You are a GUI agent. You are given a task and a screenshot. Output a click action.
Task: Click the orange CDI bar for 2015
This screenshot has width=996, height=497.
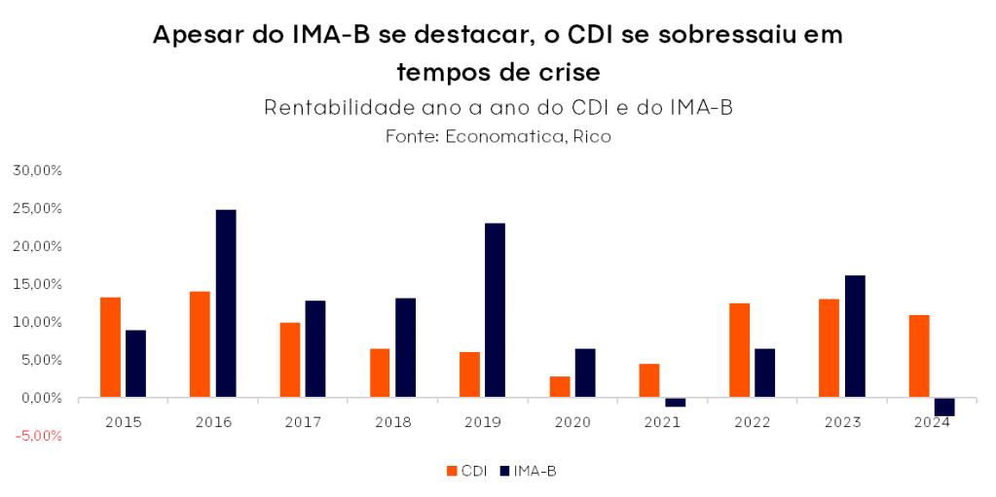point(110,347)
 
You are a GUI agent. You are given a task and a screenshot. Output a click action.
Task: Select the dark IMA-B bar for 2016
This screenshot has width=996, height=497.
point(226,303)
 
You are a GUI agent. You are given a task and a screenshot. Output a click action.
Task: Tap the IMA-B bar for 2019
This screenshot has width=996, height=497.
point(495,310)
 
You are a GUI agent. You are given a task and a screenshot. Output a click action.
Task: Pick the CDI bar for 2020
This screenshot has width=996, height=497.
point(560,387)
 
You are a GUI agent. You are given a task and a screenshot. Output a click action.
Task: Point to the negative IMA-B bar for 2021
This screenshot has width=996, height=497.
point(676,402)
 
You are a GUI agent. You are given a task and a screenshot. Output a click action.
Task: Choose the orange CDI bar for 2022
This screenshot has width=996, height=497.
point(739,350)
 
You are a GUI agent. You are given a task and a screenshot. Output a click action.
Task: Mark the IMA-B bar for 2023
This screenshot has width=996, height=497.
point(855,337)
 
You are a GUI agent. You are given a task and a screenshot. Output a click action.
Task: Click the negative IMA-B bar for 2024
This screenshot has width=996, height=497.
point(944,407)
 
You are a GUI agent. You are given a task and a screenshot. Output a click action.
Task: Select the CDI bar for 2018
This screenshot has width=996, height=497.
point(380,373)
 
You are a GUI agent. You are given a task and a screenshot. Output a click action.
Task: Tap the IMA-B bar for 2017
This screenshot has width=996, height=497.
point(315,349)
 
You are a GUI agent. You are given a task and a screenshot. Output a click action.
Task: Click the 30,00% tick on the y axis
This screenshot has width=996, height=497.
point(36,170)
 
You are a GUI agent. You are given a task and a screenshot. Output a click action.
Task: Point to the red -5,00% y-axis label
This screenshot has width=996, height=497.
point(36,436)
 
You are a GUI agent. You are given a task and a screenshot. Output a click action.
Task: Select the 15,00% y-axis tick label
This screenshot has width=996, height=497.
point(36,284)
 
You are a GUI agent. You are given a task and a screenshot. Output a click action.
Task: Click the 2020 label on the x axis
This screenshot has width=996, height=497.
point(572,422)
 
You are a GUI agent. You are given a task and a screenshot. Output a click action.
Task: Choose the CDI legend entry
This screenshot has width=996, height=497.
point(467,471)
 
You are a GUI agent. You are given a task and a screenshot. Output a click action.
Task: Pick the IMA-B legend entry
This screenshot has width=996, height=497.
point(527,471)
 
